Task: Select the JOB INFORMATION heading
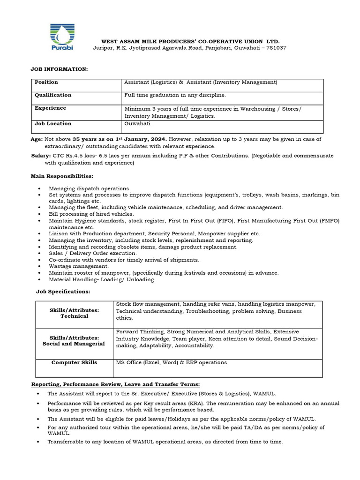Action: click(x=59, y=69)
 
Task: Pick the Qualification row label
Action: click(x=53, y=95)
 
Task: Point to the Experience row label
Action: click(x=50, y=108)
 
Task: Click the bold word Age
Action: click(x=37, y=140)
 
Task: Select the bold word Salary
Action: click(x=39, y=155)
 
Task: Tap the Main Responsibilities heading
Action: click(x=62, y=176)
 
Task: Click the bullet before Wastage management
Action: click(x=38, y=266)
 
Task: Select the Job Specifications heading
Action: click(x=63, y=292)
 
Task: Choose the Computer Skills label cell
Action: click(x=75, y=362)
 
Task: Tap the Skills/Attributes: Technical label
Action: click(x=75, y=313)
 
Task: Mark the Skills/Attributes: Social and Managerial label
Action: click(x=75, y=341)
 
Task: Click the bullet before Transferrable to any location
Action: click(x=38, y=442)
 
